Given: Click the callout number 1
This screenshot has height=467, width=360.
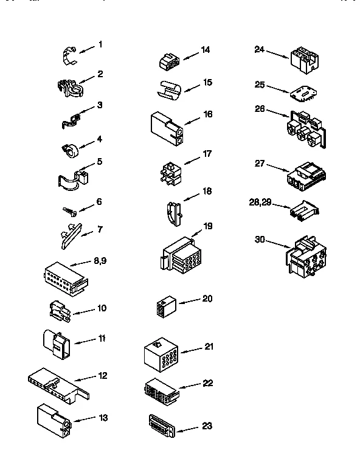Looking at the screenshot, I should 100,44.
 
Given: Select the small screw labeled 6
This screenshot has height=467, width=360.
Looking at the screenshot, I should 69,210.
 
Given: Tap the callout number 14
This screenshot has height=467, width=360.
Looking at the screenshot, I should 206,50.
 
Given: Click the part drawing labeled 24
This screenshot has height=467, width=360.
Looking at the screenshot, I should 303,58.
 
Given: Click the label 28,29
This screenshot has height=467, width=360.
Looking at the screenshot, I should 260,202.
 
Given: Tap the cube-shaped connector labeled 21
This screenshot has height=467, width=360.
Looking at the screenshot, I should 162,353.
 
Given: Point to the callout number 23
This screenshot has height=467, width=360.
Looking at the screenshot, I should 207,426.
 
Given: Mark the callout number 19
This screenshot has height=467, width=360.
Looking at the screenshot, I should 207,226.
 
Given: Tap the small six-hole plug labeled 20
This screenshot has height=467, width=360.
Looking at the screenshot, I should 164,308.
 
